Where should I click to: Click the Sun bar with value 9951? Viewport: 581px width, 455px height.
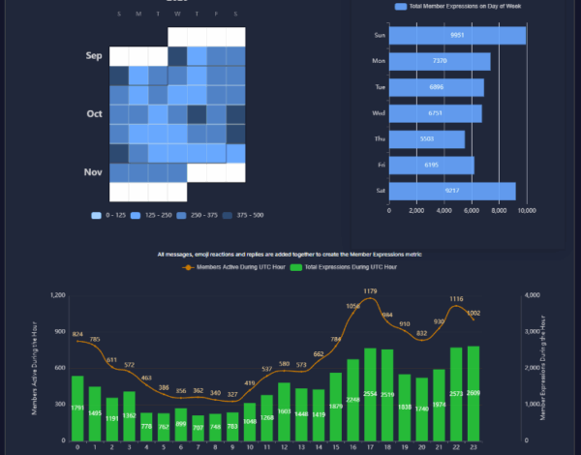(456, 35)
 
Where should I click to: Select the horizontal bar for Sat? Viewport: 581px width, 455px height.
(451, 191)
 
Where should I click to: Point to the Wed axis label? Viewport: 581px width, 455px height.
(380, 113)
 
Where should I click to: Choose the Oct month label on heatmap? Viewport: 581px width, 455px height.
(94, 114)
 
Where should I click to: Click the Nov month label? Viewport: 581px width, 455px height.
(93, 172)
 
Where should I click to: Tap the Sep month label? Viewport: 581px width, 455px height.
(94, 56)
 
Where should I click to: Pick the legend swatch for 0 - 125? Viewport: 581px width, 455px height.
(96, 215)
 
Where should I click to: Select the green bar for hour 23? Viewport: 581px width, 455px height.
(474, 394)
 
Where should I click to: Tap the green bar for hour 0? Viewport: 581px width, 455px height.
(77, 409)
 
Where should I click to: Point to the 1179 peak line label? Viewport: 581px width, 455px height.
(371, 291)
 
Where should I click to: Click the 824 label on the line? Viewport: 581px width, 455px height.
(77, 334)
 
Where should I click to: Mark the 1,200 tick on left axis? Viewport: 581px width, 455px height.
(56, 295)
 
